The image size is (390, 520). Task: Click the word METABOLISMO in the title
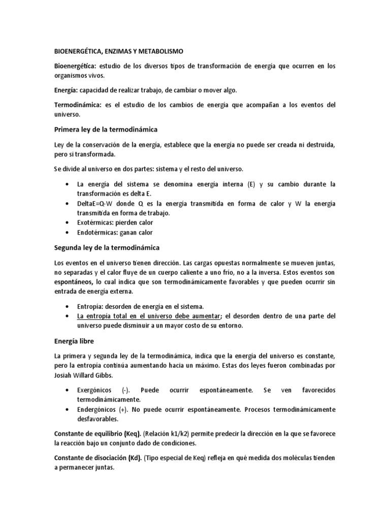161,51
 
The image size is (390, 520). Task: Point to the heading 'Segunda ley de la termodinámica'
107,247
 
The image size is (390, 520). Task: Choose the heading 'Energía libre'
74,341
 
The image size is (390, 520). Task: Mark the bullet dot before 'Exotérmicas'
68,222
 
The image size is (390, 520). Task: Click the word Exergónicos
96,390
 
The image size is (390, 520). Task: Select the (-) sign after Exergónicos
125,390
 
